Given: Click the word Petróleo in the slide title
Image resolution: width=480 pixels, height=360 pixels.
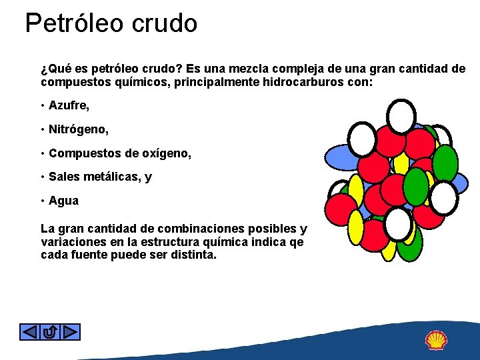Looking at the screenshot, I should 73,23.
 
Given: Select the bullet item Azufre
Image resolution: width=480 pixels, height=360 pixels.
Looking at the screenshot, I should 69,105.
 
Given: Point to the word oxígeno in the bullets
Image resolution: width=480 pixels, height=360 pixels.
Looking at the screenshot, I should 167,153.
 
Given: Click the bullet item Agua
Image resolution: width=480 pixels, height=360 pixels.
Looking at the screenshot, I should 63,201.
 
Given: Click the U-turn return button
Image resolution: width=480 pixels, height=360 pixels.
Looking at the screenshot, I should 50,331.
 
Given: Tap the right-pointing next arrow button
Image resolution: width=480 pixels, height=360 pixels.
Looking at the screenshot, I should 71,331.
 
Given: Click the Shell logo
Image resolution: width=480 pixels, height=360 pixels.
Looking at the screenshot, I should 437,340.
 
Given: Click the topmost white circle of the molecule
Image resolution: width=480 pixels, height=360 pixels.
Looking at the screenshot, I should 402,116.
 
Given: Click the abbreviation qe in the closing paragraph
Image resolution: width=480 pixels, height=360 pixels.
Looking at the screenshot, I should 296,242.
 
